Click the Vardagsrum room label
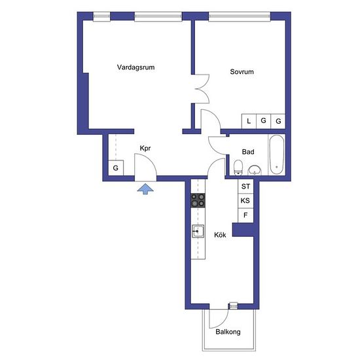[135, 67]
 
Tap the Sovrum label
[242, 71]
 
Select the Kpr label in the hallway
[145, 149]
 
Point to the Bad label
[248, 152]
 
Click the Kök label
[220, 235]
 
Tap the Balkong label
[228, 332]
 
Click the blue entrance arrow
[145, 189]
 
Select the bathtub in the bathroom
[277, 154]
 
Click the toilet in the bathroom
[238, 168]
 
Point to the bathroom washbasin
[255, 170]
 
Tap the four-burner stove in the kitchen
[198, 200]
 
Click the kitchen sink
[198, 231]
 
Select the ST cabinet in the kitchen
[245, 187]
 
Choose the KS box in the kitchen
[245, 201]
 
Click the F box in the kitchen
[245, 215]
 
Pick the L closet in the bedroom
[249, 121]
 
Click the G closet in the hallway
[116, 168]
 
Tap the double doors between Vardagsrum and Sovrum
[202, 88]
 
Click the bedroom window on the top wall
[240, 16]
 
